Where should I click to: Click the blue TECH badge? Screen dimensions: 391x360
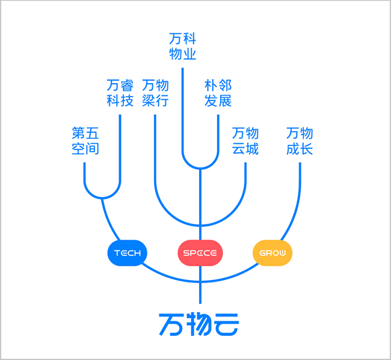point(127,253)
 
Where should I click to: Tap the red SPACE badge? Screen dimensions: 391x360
point(200,253)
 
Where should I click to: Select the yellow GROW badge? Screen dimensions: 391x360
point(272,253)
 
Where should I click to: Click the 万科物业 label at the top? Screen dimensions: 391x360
point(182,46)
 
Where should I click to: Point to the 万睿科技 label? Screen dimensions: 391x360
point(120,93)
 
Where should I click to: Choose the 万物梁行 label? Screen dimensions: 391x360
point(155,93)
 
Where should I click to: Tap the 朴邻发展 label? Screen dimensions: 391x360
point(218,93)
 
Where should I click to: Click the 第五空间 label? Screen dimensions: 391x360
point(85,141)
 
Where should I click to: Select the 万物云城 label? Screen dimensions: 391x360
point(245,141)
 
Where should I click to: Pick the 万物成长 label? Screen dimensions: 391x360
point(300,141)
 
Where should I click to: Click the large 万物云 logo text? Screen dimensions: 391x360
point(199,325)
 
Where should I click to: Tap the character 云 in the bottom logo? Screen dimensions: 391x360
point(227,325)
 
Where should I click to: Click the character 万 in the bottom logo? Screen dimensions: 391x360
point(171,325)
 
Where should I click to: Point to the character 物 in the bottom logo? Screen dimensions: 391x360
point(199,325)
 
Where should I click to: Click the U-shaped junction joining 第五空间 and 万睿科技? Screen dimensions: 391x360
point(102,198)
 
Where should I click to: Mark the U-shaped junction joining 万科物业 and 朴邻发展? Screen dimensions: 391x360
point(200,168)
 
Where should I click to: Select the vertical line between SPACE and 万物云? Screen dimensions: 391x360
point(200,285)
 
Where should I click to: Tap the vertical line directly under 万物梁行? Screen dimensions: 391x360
point(155,150)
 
